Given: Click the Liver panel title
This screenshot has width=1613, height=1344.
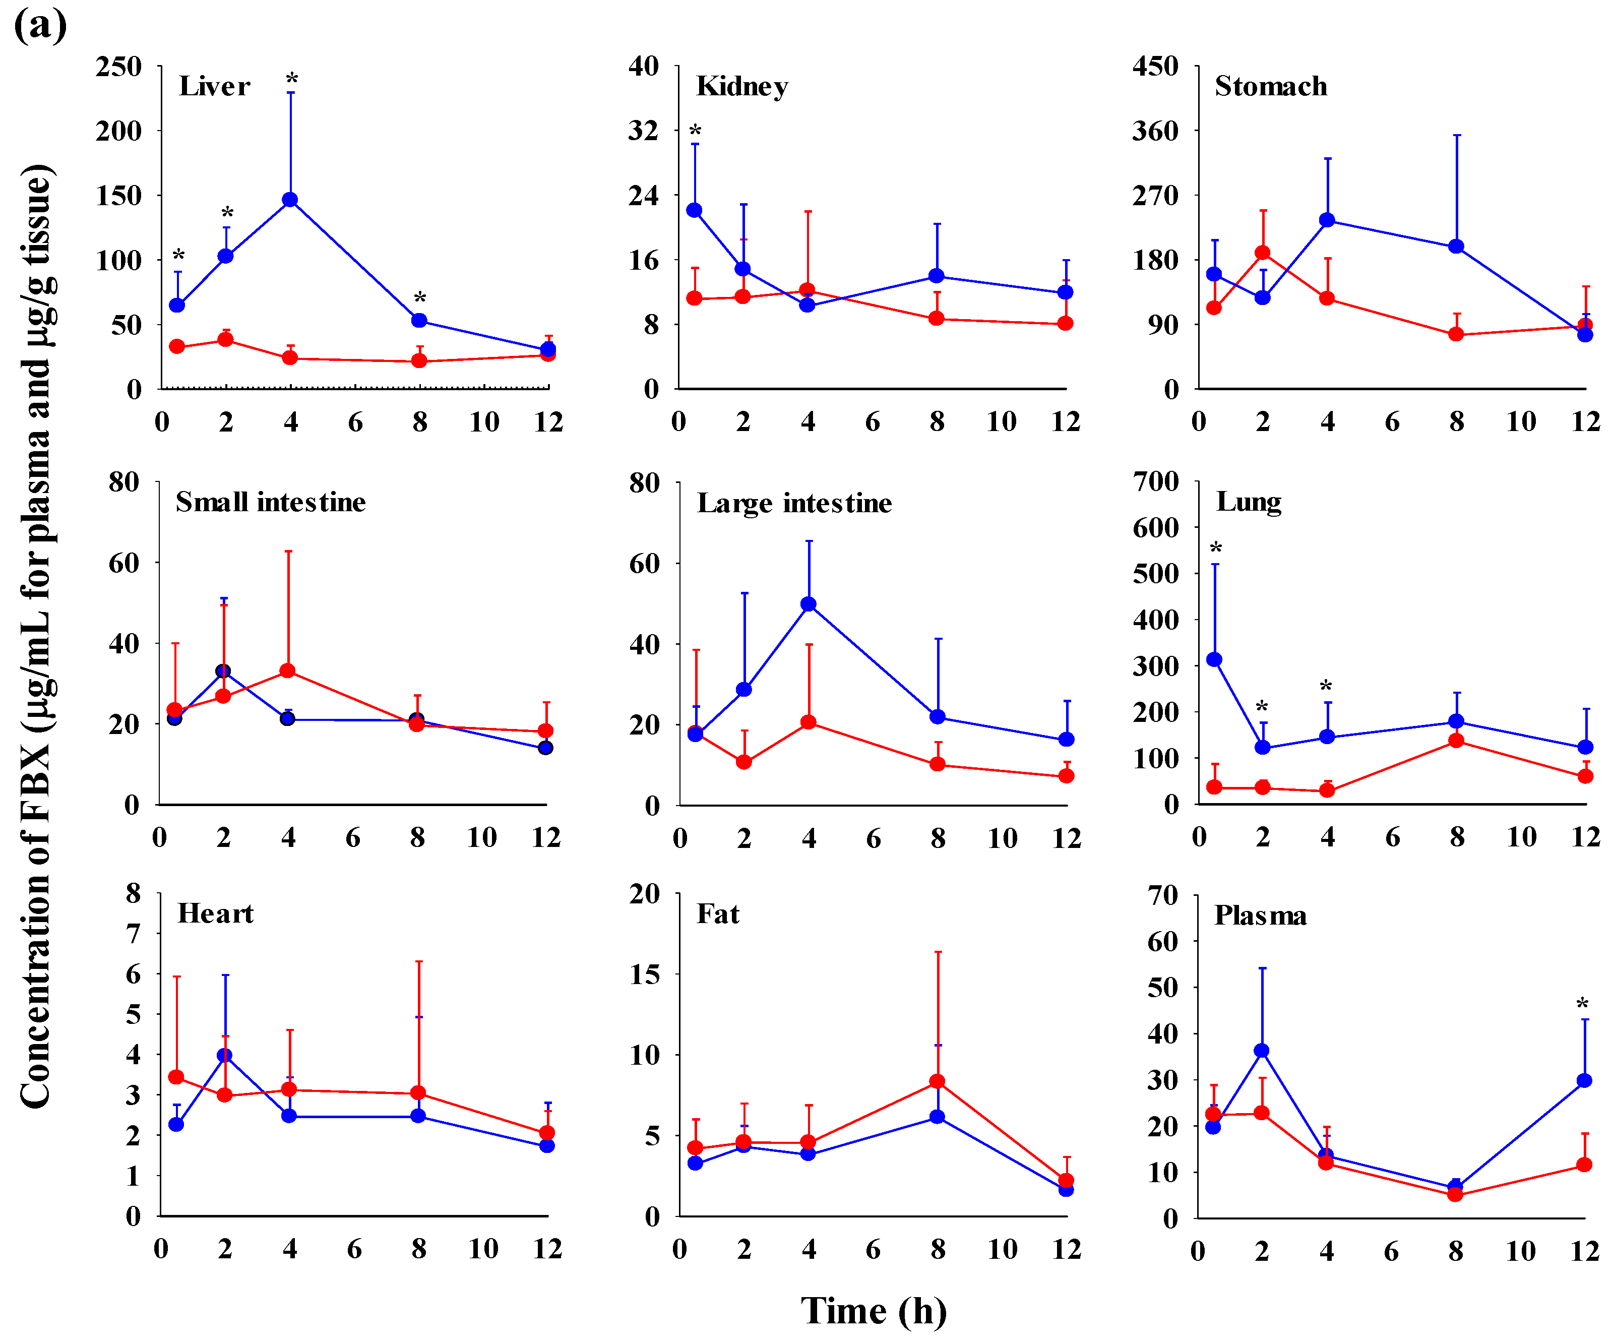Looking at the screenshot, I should click(x=214, y=86).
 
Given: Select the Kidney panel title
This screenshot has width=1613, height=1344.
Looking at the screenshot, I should click(x=742, y=87).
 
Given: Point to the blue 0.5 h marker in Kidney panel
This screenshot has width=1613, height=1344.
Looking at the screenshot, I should click(x=695, y=210).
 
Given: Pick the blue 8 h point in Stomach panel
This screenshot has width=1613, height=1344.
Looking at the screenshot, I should click(x=1456, y=247).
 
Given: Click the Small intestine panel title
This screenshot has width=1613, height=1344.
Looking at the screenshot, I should click(x=270, y=502).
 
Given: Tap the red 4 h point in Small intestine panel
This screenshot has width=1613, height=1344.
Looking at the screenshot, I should click(x=288, y=671).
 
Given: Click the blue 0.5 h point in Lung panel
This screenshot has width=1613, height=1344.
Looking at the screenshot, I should click(x=1214, y=660).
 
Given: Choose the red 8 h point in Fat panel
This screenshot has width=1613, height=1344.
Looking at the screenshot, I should click(x=937, y=1081).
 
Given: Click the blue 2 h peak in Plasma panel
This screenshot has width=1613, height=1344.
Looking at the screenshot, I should click(x=1261, y=1051).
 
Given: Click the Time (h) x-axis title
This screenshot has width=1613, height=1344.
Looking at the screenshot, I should click(x=874, y=1310).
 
